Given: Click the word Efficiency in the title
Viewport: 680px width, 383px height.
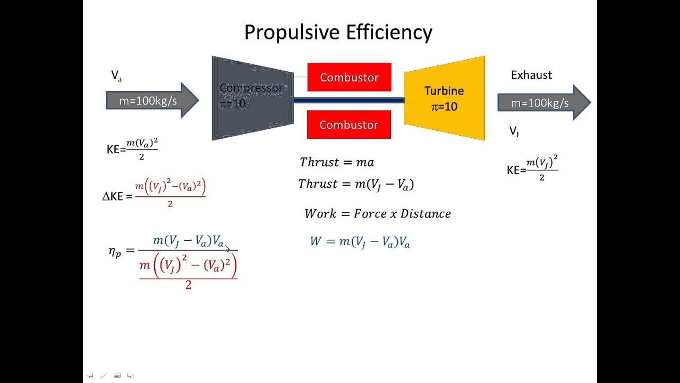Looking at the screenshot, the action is pos(389,33).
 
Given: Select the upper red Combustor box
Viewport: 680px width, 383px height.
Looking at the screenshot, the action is pos(349,77).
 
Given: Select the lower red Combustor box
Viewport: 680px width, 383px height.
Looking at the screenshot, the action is pos(348,124).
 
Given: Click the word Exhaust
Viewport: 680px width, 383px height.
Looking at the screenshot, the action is pos(531,75).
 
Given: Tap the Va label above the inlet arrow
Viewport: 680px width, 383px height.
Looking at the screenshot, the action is pos(116,76).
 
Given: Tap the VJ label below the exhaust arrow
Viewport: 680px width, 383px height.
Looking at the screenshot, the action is pos(514,131).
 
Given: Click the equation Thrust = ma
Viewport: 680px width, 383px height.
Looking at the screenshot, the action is pos(337,162).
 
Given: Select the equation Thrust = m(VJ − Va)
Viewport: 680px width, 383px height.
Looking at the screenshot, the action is pos(356,184).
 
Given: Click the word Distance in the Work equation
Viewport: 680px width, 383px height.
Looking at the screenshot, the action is pos(426,214).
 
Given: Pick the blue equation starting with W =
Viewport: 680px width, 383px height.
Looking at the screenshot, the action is pos(360,242).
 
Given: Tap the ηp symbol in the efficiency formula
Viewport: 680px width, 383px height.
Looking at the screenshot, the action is pos(115,252).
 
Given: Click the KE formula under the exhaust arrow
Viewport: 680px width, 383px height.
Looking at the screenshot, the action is pos(532,168).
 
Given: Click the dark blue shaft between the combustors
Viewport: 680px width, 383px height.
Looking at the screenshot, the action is pos(348,100).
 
